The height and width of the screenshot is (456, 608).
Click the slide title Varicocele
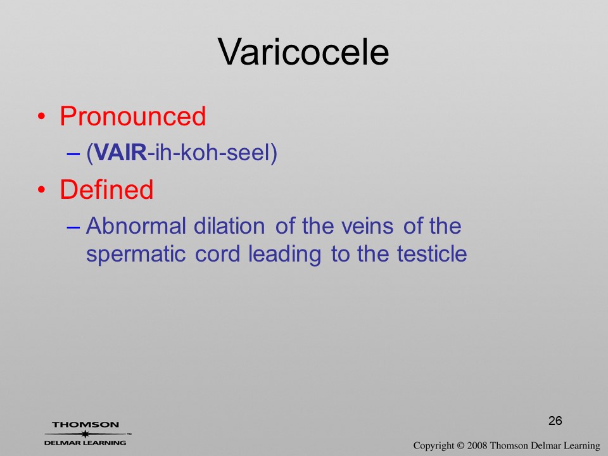[x=303, y=52]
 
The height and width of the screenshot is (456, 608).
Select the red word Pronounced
[x=132, y=116]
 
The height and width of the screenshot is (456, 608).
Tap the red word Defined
[x=106, y=189]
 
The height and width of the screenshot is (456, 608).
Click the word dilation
[x=229, y=225]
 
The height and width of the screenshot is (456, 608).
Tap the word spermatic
[x=136, y=255]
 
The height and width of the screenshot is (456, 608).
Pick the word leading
[x=284, y=255]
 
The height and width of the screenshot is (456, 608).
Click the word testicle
[x=432, y=254]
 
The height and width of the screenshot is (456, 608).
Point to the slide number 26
[x=555, y=421]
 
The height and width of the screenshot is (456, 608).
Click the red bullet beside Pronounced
[x=42, y=117]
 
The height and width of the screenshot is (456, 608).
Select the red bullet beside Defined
[x=42, y=189]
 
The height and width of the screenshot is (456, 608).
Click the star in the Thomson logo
[x=85, y=434]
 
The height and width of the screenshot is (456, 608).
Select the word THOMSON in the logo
[x=85, y=424]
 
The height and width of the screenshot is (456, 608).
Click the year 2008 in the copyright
[x=477, y=445]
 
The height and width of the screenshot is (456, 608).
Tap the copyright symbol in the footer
[x=460, y=445]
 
